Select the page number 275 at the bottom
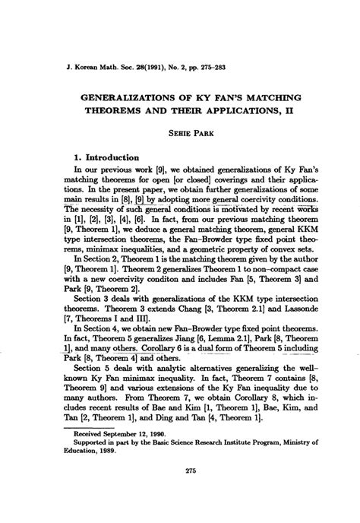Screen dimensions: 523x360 point(180,491)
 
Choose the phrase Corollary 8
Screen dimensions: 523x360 point(245,407)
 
